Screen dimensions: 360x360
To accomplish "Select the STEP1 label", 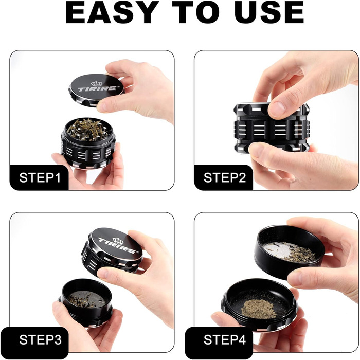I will pos(40,178).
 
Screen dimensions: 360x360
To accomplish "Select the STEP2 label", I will pos(224,178).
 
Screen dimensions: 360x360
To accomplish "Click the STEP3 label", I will pos(40,340).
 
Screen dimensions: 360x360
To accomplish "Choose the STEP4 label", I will pos(224,340).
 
